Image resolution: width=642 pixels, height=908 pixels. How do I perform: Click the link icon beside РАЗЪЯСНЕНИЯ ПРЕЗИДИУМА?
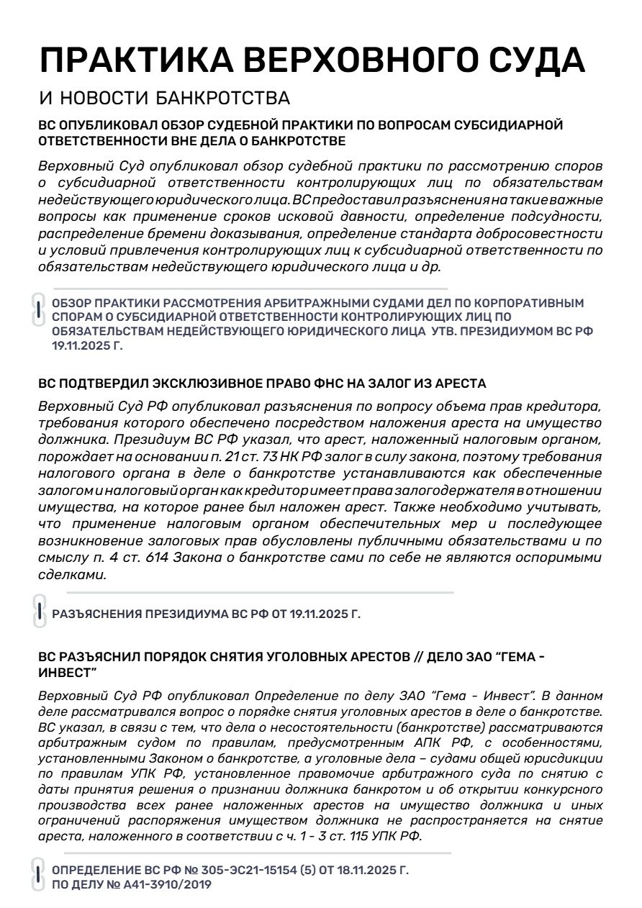click(x=40, y=612)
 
